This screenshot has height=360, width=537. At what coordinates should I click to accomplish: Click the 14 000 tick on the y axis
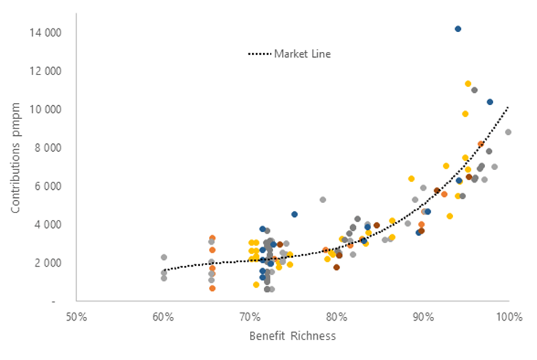point(45,33)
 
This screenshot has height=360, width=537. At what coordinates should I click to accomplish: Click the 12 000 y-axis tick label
point(45,71)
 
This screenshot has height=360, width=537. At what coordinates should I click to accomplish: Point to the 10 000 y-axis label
point(45,110)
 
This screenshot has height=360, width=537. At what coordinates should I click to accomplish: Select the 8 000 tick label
point(47,148)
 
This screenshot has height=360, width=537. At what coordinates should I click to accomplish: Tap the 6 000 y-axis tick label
point(47,185)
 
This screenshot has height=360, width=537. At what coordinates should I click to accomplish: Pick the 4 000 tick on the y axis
point(47,224)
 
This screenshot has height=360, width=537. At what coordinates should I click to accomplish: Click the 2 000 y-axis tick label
point(47,262)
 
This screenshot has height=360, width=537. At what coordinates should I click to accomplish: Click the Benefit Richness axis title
point(292,337)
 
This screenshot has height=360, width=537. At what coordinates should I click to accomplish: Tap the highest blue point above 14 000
point(458,28)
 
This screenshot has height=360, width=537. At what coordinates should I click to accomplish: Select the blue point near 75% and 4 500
point(294,214)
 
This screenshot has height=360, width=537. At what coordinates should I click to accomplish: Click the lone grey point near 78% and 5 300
point(323,199)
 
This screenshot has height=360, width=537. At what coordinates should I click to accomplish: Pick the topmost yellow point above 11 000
point(468,84)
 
